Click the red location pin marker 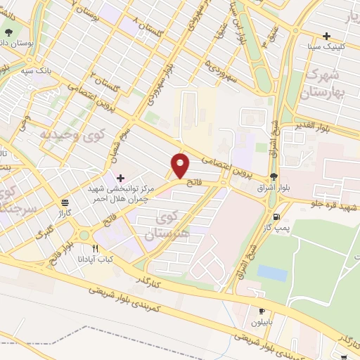pyautogui.click(x=181, y=166)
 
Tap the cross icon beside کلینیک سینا pyautogui.click(x=326, y=37)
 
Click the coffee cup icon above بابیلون pyautogui.click(x=262, y=311)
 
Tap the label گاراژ pyautogui.click(x=65, y=212)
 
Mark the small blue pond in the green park pyautogui.click(x=272, y=273)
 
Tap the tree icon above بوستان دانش pyautogui.click(x=9, y=34)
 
